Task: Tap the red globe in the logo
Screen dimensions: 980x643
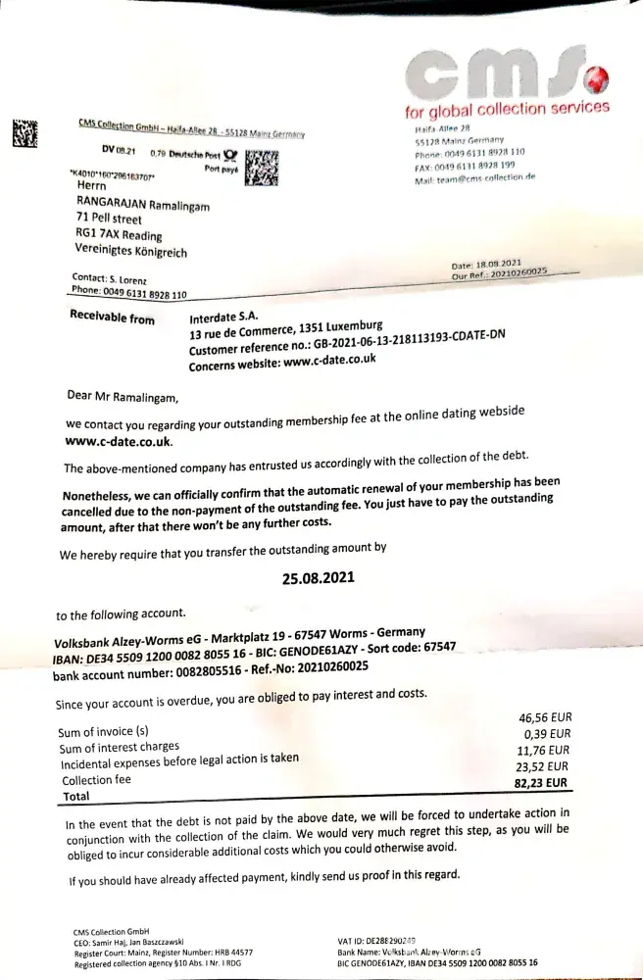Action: [x=598, y=76]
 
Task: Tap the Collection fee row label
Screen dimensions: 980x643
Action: [x=96, y=780]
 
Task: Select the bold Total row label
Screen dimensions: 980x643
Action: [x=76, y=797]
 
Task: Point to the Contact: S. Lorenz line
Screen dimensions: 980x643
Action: [x=110, y=279]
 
